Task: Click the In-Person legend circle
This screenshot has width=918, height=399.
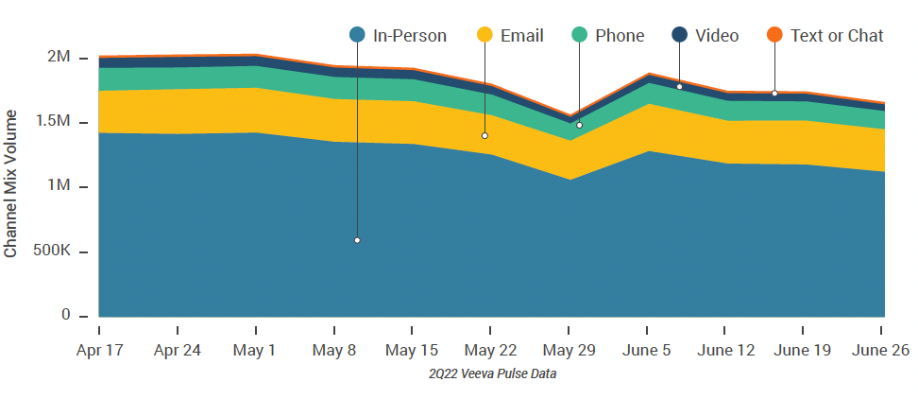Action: [357, 36]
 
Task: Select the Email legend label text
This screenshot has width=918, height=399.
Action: [522, 36]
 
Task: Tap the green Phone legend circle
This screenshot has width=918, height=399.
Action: [579, 36]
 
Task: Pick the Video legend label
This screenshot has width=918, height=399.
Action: [717, 36]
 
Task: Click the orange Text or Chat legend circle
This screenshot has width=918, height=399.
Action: [774, 36]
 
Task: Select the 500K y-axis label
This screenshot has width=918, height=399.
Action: [51, 252]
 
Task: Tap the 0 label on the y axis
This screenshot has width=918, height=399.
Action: [65, 316]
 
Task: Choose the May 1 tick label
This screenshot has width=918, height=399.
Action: [256, 350]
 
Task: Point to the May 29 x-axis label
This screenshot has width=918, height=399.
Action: [569, 350]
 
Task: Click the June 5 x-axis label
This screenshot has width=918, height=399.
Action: [646, 350]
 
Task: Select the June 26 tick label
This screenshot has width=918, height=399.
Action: [881, 350]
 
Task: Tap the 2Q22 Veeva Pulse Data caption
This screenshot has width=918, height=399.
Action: [491, 374]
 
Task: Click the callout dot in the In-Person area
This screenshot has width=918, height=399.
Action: [357, 240]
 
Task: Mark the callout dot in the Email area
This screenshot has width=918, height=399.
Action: [484, 136]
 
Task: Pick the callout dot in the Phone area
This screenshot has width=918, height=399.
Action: [579, 125]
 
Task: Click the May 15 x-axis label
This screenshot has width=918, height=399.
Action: [412, 350]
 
